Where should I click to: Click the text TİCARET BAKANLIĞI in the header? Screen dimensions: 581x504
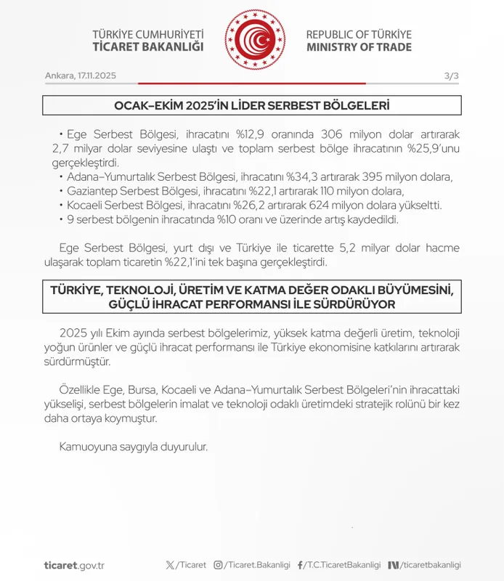click(x=148, y=47)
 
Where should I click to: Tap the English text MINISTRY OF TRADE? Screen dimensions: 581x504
click(x=359, y=47)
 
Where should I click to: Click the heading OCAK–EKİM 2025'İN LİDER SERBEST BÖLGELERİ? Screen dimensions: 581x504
click(x=252, y=106)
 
